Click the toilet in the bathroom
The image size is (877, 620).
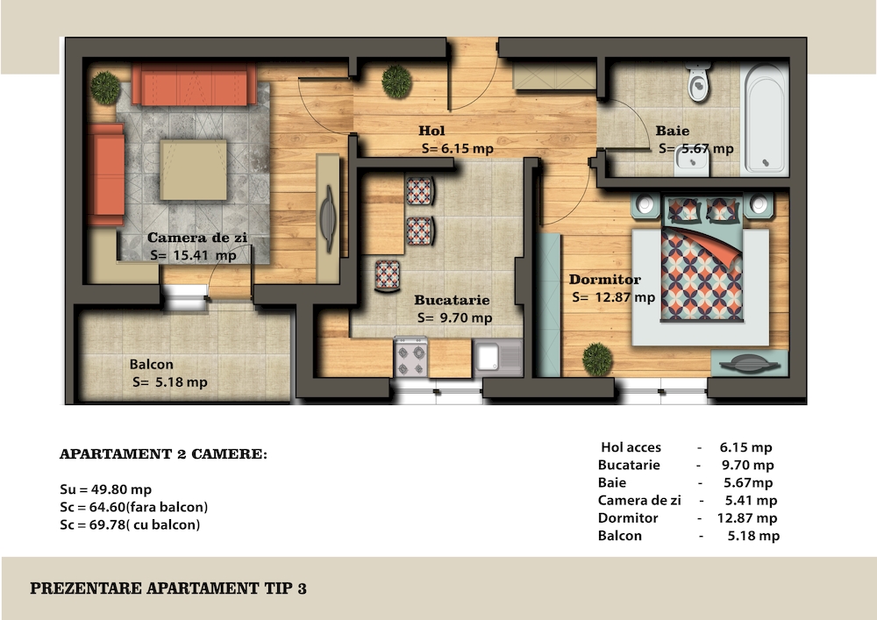[699, 82]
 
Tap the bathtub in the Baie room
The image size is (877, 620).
[764, 118]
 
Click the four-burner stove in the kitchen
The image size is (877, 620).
[411, 358]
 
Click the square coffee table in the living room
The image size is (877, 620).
[194, 169]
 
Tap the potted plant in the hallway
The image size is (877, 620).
[396, 82]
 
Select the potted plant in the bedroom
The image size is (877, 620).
[597, 359]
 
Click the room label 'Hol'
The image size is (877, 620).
[431, 131]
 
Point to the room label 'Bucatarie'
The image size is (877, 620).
[452, 300]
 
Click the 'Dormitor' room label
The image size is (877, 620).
[604, 280]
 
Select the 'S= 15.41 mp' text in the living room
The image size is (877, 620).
[193, 255]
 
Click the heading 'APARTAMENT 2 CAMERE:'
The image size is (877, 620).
[163, 454]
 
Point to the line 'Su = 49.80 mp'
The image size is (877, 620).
[106, 489]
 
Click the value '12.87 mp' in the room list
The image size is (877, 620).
[747, 518]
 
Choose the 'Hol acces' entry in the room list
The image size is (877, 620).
[631, 447]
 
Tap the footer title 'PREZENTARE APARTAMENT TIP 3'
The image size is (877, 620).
[168, 588]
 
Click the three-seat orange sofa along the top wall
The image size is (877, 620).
[194, 84]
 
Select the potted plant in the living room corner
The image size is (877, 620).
[105, 87]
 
